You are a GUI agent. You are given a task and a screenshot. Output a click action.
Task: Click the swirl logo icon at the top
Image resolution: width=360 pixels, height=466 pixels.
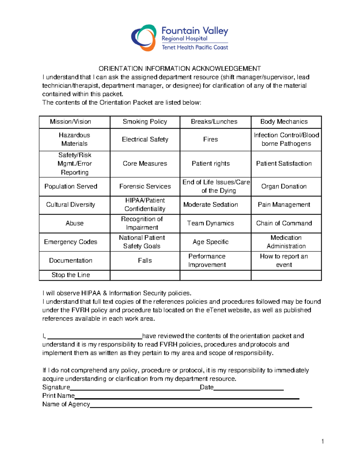point(144,38)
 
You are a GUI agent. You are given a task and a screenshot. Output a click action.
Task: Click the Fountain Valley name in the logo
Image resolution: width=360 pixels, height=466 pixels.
point(195,31)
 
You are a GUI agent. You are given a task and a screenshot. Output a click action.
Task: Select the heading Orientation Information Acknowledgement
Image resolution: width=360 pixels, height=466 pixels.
point(180,68)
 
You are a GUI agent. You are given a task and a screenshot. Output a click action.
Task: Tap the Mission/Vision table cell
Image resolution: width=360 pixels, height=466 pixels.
point(70,122)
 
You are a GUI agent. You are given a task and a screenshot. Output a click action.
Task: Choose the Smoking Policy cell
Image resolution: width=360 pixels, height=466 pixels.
point(145,122)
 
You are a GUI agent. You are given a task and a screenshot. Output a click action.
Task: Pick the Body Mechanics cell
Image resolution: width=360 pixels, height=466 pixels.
point(284,122)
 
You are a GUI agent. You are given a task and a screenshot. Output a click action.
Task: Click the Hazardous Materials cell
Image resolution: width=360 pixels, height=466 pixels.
point(74,139)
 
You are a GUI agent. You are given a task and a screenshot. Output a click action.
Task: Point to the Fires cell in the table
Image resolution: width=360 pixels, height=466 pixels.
point(211,139)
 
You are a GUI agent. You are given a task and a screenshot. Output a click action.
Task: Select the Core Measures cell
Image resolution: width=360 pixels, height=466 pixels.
point(145,164)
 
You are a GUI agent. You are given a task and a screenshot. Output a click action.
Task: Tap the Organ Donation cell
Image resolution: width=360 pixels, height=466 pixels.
point(284,186)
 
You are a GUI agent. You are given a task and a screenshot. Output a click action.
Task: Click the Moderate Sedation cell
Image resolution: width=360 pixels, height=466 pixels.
point(211,205)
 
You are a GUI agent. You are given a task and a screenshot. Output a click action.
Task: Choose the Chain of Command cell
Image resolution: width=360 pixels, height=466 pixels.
point(284,223)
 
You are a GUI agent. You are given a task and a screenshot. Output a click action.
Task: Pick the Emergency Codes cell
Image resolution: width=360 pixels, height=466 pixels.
point(70,242)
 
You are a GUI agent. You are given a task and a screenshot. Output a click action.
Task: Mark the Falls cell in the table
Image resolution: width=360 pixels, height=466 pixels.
point(145,260)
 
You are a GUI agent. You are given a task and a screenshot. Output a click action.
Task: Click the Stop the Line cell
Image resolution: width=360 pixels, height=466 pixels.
point(71,275)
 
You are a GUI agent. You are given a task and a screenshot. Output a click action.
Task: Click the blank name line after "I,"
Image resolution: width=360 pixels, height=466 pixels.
point(94,336)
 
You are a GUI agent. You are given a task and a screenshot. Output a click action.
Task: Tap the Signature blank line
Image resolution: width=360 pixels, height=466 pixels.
point(135,388)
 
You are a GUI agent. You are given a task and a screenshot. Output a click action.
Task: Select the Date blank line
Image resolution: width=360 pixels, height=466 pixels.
point(248,388)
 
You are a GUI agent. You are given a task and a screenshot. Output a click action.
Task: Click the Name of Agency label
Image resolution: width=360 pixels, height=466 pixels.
point(66,404)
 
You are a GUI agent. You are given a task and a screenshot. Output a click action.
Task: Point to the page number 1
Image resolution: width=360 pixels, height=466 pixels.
point(322,441)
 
